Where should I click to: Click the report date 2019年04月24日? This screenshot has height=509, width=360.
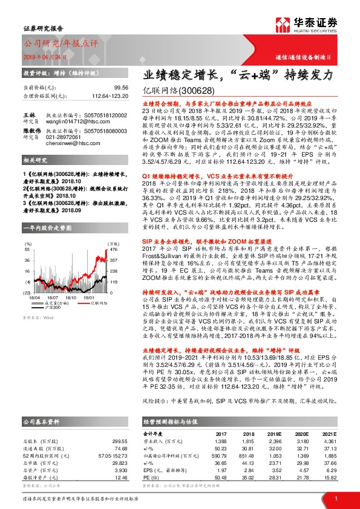pos(44,56)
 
